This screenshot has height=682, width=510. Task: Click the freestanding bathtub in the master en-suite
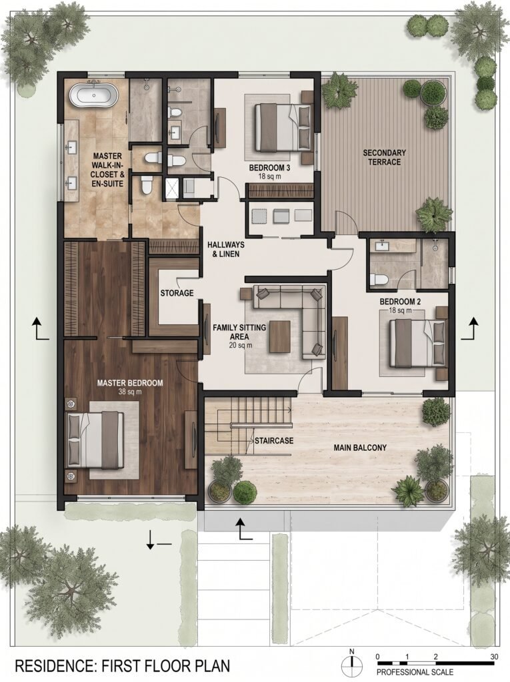tap(93, 95)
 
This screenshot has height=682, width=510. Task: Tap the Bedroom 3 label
tap(269, 168)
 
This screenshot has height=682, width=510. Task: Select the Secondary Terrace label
tap(384, 157)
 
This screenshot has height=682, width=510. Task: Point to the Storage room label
tap(177, 293)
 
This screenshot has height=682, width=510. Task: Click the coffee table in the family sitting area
tap(279, 336)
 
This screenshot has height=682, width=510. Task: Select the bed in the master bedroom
tap(95, 439)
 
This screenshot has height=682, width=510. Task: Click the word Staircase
tap(274, 441)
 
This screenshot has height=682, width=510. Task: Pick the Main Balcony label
tap(360, 448)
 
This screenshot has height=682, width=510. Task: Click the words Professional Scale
tap(415, 672)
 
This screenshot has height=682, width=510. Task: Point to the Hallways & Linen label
tap(225, 249)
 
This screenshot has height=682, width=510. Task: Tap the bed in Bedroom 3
tap(283, 127)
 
